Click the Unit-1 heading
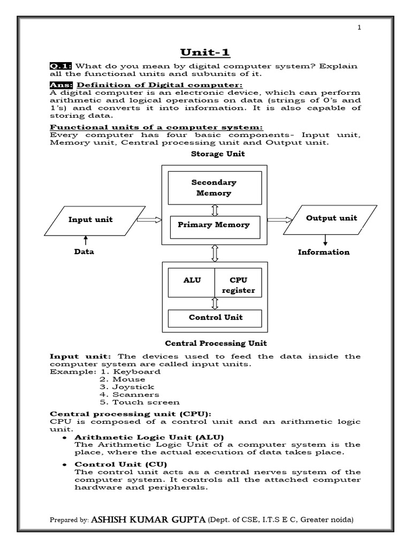click(x=204, y=52)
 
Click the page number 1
click(x=360, y=28)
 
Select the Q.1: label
click(x=61, y=66)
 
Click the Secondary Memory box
click(x=215, y=188)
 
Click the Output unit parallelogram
click(x=331, y=219)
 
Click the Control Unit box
click(x=215, y=317)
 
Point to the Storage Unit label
click(x=218, y=154)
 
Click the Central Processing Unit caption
click(x=215, y=343)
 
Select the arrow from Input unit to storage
click(x=149, y=219)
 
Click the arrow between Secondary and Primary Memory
click(x=215, y=210)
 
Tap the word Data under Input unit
click(x=84, y=252)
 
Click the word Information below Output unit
click(x=324, y=252)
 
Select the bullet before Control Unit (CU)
click(x=64, y=464)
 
